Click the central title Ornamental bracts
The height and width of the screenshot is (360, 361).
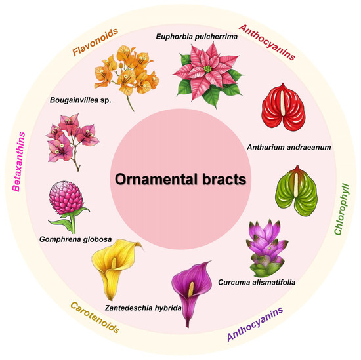click(180, 179)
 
